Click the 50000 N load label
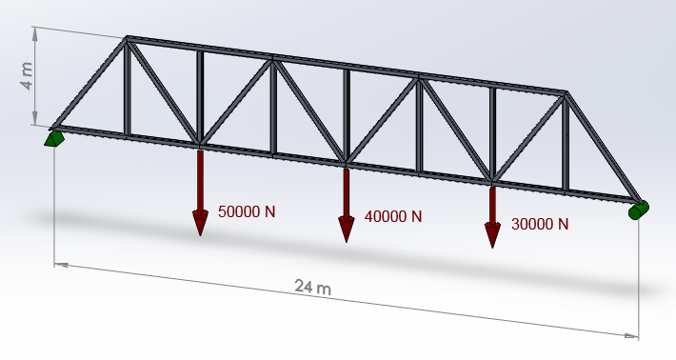247,211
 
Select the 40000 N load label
393,216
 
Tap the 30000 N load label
540,225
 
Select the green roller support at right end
637,210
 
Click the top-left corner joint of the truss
127,40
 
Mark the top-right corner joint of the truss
567,94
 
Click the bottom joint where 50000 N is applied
200,147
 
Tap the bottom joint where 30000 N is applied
492,180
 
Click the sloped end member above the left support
89,84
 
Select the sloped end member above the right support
602,147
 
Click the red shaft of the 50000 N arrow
200,181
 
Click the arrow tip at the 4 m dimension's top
36,30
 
